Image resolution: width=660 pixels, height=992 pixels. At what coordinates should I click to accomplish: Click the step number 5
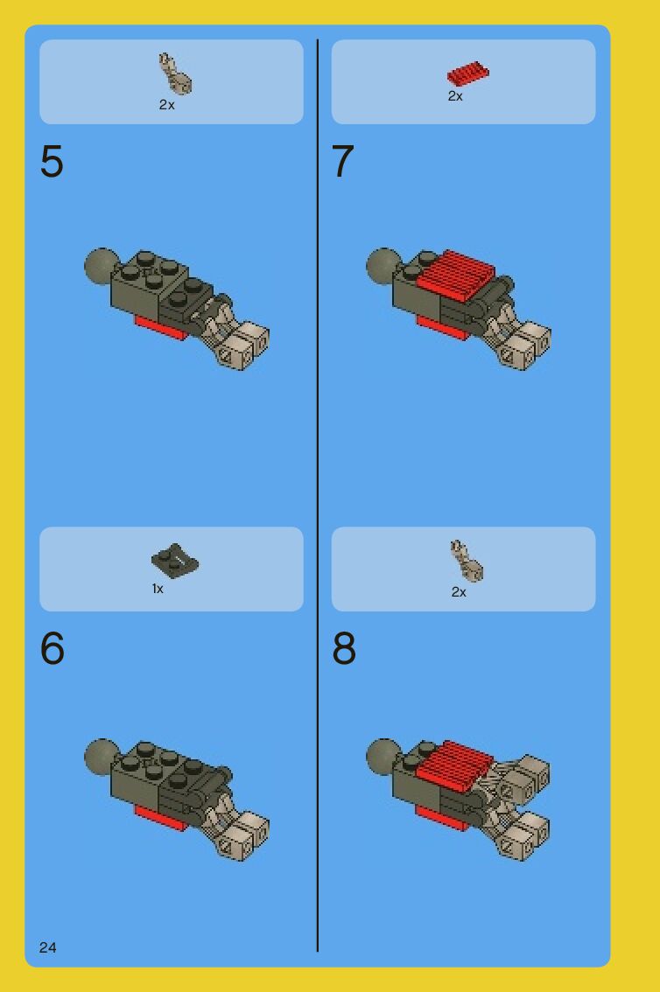click(x=52, y=161)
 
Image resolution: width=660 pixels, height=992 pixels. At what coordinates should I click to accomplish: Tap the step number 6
click(x=52, y=648)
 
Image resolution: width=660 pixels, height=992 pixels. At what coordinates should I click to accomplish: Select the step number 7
click(x=343, y=161)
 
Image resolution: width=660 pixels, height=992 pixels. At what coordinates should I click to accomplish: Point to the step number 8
click(x=344, y=648)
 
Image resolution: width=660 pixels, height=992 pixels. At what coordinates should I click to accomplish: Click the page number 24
click(x=47, y=947)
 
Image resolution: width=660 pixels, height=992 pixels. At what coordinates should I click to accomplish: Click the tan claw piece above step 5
click(x=174, y=74)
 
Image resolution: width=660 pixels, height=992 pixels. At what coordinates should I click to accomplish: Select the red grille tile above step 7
click(x=468, y=73)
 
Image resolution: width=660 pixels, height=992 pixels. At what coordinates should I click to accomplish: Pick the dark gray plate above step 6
click(x=175, y=561)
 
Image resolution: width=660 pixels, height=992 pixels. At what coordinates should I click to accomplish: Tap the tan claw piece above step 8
click(x=467, y=561)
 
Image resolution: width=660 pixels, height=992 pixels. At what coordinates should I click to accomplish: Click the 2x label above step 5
click(x=166, y=105)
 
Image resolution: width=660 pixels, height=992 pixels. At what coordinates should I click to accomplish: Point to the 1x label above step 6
click(x=158, y=589)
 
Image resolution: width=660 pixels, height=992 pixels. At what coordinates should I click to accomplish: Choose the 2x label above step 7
click(x=455, y=96)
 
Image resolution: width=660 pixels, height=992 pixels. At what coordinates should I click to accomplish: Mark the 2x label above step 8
click(x=459, y=592)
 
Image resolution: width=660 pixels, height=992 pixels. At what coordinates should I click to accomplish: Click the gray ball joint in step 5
click(x=101, y=266)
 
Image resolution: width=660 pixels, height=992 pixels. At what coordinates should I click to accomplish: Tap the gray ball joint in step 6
click(x=101, y=756)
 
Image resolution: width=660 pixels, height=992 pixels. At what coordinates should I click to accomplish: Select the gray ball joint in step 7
click(x=383, y=266)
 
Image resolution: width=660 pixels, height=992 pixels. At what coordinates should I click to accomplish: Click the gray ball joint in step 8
click(x=383, y=756)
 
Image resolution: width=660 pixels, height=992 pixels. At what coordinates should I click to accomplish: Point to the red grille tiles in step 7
click(x=457, y=276)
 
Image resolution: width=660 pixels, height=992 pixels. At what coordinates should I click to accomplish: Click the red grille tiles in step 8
click(x=454, y=765)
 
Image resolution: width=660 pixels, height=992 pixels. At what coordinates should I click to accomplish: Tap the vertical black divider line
click(x=317, y=495)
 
